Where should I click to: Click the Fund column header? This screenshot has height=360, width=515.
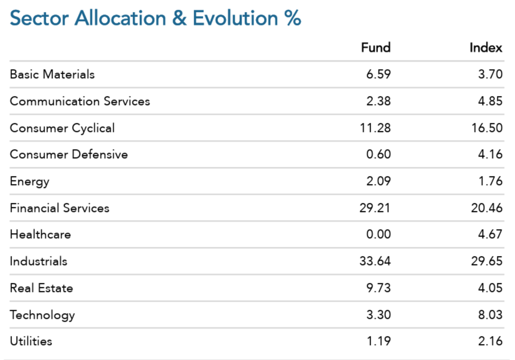pos(376,47)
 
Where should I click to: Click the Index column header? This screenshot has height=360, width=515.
pos(486,47)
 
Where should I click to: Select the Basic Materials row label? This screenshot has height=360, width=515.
pos(52,74)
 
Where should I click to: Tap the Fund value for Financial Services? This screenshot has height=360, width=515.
pos(375,208)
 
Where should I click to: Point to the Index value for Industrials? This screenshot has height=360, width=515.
pos(487,261)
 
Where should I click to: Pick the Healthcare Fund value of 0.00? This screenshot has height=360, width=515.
pos(379,234)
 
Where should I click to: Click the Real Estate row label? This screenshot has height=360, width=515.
pos(41,288)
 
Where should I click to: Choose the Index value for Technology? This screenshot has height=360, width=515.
pos(490,315)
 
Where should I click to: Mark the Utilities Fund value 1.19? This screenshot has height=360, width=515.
pos(379,341)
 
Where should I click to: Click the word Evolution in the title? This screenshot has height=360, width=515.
pos(235,18)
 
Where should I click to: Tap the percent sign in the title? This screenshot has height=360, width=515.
pos(293,18)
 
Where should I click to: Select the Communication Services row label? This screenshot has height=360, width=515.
pos(80,101)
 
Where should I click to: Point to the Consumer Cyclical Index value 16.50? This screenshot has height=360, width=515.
pos(487,128)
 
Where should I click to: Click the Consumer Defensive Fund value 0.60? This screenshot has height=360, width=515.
pos(379,154)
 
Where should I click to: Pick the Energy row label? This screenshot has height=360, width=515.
pos(30,182)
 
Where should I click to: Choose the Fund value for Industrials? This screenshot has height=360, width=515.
pos(375,261)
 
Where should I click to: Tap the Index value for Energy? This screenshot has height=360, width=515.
pos(490,181)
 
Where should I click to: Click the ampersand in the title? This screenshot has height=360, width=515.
pos(179,18)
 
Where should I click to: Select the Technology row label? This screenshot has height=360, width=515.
pos(42,315)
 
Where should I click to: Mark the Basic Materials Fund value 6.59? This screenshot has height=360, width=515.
pos(379,74)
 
